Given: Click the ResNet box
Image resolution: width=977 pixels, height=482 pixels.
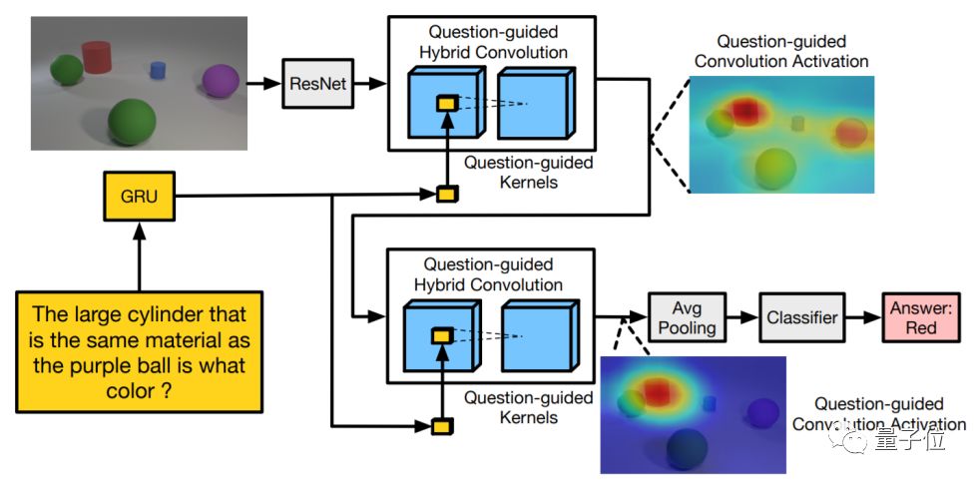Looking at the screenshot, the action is [x=317, y=83].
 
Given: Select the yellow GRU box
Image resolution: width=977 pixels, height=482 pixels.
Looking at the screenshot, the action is [x=140, y=197].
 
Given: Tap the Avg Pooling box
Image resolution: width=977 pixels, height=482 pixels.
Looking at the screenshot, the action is [x=688, y=317].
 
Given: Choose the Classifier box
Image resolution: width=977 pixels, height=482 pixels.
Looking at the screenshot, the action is [x=802, y=317].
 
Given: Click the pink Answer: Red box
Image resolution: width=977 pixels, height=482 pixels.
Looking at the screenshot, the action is [x=921, y=317].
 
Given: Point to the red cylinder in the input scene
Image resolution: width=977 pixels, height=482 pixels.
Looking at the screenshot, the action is [x=96, y=57].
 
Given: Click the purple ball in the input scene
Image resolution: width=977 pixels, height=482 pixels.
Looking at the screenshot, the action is [x=221, y=81].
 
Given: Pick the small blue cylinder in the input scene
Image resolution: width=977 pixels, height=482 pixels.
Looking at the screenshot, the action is [x=158, y=70].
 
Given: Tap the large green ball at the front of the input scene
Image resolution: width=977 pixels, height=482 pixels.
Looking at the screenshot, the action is [x=132, y=122].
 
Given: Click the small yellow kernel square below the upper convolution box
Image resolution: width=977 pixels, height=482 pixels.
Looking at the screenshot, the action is [x=446, y=195].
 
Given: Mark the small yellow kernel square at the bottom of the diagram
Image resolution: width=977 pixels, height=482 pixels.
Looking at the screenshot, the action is [x=442, y=426].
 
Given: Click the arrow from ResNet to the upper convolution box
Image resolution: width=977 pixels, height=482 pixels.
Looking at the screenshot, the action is [x=370, y=83].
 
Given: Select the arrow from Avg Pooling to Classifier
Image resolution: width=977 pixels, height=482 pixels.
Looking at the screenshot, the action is [x=742, y=317].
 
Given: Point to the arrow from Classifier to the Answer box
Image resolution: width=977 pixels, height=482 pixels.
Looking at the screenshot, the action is [x=863, y=317].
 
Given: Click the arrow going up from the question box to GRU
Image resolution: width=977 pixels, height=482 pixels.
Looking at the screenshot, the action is [x=139, y=255].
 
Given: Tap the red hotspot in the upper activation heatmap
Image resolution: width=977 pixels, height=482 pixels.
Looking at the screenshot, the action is [x=746, y=110].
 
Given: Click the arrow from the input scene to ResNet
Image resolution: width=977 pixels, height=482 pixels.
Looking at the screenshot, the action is [x=264, y=83].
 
